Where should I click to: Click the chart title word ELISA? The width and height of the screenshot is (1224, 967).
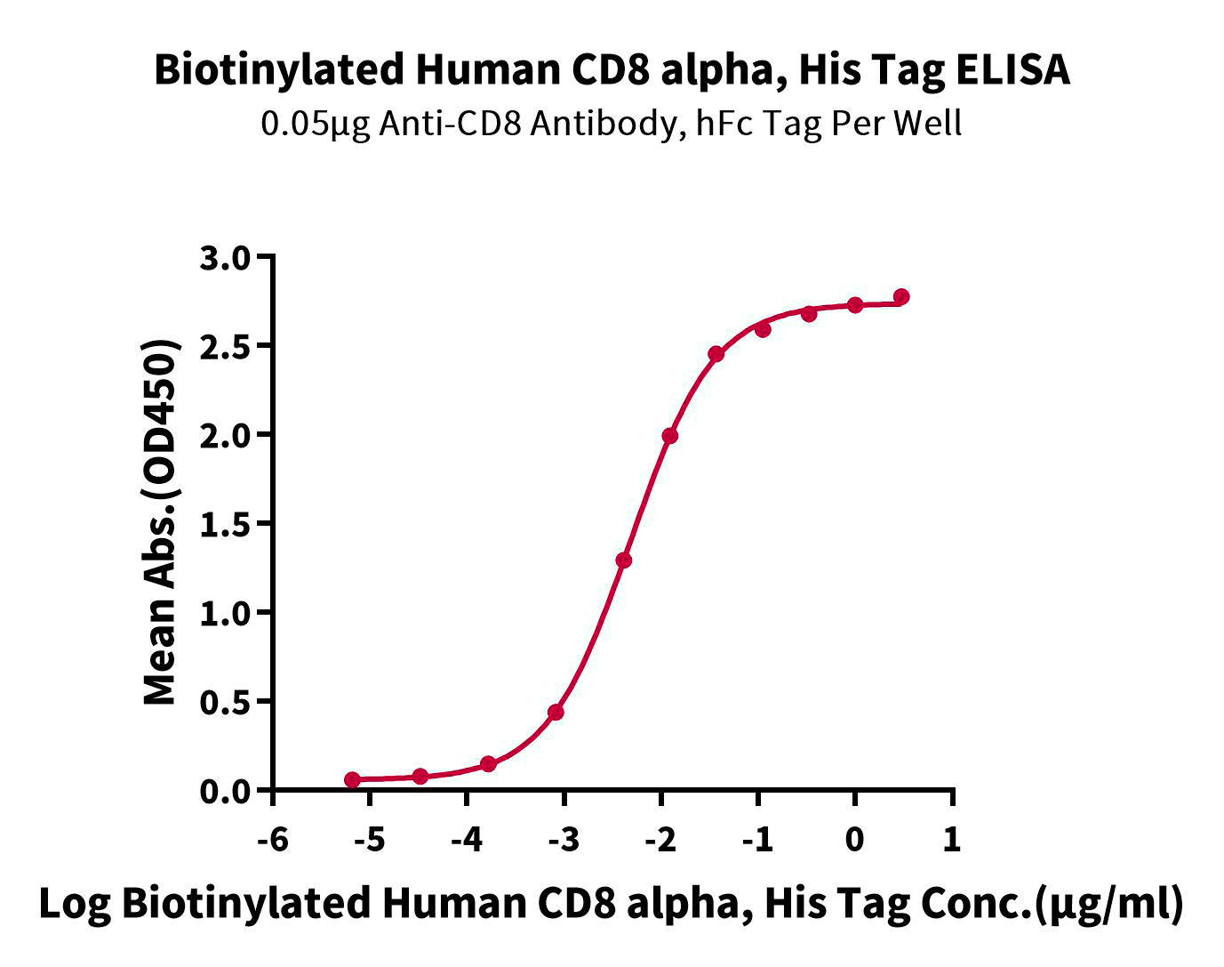pyautogui.click(x=1012, y=69)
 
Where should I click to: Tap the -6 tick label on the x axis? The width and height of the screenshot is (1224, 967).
pyautogui.click(x=273, y=839)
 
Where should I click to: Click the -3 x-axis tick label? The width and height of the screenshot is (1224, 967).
pyautogui.click(x=564, y=839)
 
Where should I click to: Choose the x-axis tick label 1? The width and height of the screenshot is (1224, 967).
pyautogui.click(x=952, y=839)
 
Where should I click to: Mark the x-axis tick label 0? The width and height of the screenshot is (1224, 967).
pyautogui.click(x=855, y=839)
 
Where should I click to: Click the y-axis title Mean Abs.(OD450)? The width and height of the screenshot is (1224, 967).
pyautogui.click(x=161, y=523)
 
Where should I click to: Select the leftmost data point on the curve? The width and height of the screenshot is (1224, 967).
pyautogui.click(x=353, y=780)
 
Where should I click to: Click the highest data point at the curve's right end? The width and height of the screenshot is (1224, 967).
pyautogui.click(x=901, y=296)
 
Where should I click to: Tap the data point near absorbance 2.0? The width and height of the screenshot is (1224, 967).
pyautogui.click(x=670, y=436)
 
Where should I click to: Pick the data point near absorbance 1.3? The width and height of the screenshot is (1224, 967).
pyautogui.click(x=624, y=560)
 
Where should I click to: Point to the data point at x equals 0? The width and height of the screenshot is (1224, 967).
pyautogui.click(x=855, y=305)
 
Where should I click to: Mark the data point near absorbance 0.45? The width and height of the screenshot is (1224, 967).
pyautogui.click(x=556, y=712)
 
